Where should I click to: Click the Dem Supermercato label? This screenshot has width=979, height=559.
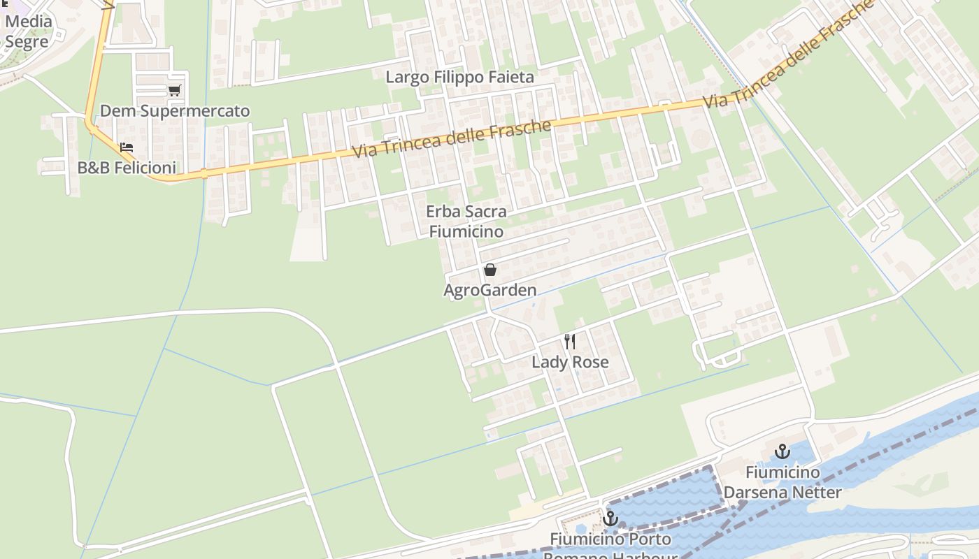click(175, 111)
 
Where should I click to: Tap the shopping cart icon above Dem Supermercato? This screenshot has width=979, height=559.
click(174, 90)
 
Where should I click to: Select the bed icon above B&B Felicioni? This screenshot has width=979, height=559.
click(127, 147)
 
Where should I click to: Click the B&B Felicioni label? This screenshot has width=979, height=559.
click(127, 168)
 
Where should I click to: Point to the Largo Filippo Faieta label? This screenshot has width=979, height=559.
click(459, 77)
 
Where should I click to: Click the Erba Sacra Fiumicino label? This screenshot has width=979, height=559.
click(466, 221)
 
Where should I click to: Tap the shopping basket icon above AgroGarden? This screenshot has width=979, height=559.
click(490, 270)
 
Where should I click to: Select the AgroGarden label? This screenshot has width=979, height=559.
click(490, 290)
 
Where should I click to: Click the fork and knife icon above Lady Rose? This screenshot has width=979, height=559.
click(570, 342)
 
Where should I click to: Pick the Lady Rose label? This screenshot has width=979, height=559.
click(570, 362)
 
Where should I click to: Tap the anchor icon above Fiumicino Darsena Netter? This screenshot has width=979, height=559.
click(782, 451)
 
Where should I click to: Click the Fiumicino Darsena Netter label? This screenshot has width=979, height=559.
click(783, 482)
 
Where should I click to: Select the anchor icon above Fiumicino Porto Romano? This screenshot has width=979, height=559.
click(610, 518)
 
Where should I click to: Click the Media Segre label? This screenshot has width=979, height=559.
click(28, 31)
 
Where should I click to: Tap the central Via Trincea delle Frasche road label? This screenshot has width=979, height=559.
click(452, 138)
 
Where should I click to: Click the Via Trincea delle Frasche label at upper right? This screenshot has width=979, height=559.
click(789, 55)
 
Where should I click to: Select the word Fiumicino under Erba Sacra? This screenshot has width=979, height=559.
click(466, 231)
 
